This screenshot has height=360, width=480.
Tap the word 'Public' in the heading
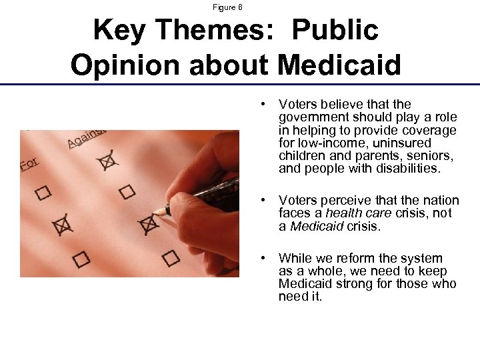[335, 30]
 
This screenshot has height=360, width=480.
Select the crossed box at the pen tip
[147, 225]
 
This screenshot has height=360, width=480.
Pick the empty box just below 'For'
[44, 193]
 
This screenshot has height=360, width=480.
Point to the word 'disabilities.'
[405, 169]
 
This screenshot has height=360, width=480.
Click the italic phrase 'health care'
[351, 213]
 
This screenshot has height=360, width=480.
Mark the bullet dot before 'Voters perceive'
[265, 200]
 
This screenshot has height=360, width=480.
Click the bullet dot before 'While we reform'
[265, 258]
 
